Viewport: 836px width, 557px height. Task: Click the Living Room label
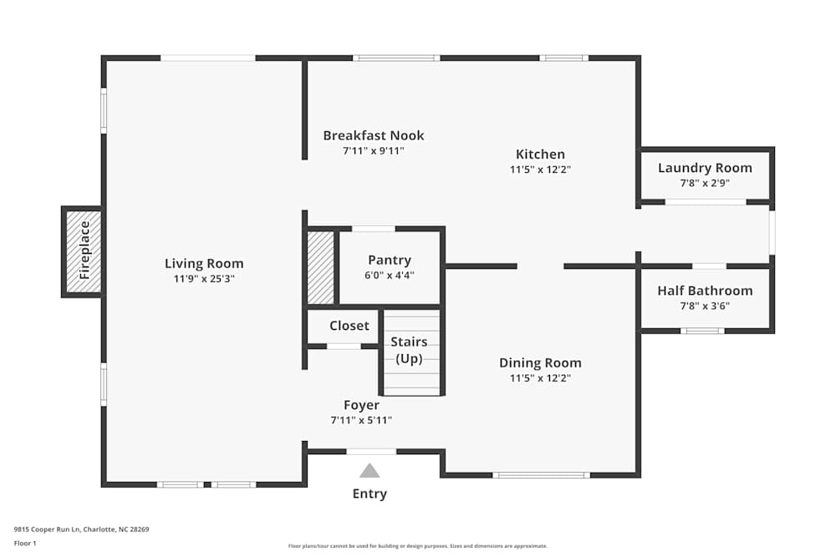[204, 264]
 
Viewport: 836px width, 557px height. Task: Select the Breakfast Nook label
[374, 135]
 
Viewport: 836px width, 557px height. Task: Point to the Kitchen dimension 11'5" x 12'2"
[540, 169]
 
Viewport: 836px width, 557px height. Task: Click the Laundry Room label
[705, 168]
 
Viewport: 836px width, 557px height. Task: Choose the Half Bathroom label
[705, 291]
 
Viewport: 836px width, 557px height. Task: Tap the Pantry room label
[390, 260]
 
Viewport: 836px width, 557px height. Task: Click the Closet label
[349, 326]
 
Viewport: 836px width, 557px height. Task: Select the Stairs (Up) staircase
[410, 359]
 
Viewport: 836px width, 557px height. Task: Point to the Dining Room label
[540, 362]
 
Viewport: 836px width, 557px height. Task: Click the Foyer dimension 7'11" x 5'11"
[361, 420]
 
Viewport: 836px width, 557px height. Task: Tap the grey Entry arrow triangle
[370, 471]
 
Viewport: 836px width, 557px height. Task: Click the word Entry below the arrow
[370, 494]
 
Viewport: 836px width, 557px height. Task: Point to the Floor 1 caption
[25, 543]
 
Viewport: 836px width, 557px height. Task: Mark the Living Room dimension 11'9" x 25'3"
[204, 279]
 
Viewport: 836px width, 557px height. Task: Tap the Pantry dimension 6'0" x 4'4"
[390, 275]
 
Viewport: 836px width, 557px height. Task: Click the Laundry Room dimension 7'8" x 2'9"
[705, 183]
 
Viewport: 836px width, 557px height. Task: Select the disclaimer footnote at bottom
[418, 545]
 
